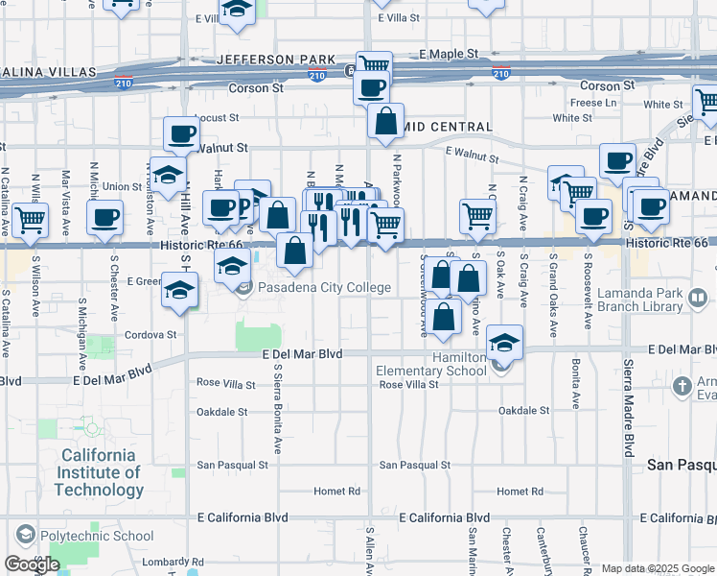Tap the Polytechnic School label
pos(106,536)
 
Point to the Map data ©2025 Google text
pos(658,568)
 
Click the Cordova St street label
pos(151,335)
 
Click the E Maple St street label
pos(447,54)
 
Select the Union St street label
pos(123,186)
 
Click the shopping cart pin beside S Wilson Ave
pos(30,219)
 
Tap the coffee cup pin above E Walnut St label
pos(180,134)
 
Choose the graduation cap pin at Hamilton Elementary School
pos(503,343)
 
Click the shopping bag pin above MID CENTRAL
pos(384,122)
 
